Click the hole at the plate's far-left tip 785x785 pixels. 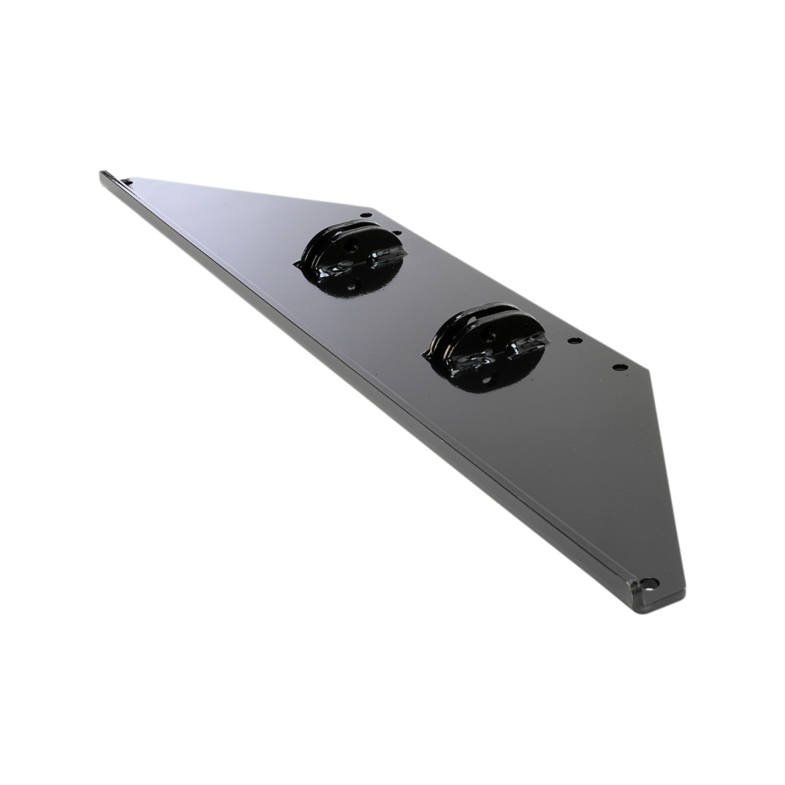coord(127,181)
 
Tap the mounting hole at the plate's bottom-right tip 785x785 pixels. coord(648,582)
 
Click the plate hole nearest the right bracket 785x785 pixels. coord(574,340)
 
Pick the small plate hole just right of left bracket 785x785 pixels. coord(396,233)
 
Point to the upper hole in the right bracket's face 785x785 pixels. coord(490,336)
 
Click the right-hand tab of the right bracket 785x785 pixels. coord(532,343)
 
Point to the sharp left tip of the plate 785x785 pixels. coord(103,175)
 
